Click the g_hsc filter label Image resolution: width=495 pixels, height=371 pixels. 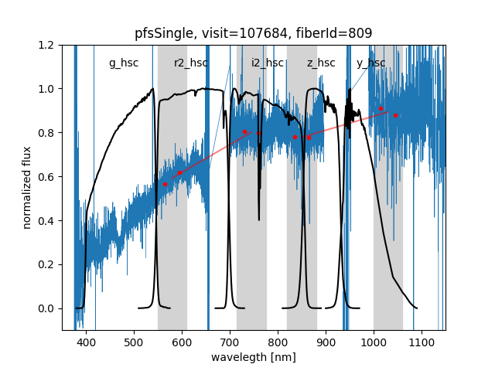(124, 63)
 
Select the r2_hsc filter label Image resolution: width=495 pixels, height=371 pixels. (191, 63)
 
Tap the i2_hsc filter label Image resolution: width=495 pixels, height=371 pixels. (268, 63)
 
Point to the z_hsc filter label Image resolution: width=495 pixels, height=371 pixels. (321, 63)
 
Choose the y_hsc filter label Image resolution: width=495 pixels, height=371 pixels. (371, 63)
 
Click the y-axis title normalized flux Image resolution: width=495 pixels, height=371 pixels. (27, 187)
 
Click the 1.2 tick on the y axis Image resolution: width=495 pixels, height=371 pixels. (47, 45)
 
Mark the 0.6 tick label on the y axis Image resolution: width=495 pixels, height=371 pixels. (47, 177)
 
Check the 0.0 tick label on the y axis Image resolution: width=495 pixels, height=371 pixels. (47, 308)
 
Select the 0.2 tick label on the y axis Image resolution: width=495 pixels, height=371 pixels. (47, 264)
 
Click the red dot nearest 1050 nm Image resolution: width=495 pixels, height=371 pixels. (395, 115)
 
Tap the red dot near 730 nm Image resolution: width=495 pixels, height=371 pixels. (244, 131)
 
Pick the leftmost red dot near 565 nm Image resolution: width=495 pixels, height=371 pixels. (165, 184)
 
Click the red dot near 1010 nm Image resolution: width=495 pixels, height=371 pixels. (381, 109)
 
